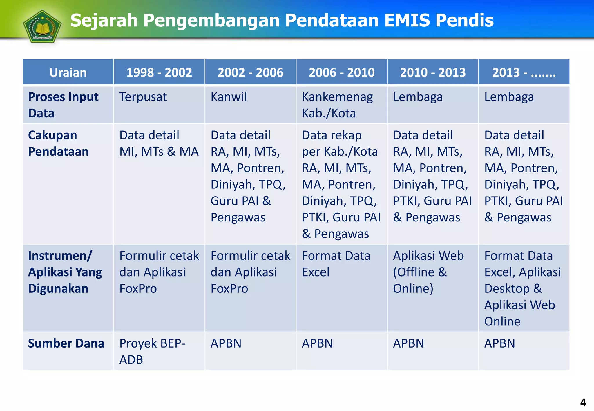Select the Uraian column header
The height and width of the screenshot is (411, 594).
68,72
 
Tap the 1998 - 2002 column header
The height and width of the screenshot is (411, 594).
159,72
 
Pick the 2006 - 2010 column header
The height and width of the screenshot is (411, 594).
341,72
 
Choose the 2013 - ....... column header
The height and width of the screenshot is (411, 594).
524,72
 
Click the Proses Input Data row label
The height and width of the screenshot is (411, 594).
63,105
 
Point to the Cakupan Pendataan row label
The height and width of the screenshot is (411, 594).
58,143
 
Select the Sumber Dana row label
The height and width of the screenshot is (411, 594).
66,343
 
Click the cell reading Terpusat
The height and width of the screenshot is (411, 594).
143,97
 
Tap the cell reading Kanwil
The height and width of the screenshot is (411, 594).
229,97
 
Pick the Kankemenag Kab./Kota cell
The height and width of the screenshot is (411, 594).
337,105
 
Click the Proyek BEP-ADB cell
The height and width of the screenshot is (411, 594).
152,351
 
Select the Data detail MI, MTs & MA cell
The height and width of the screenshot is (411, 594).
159,143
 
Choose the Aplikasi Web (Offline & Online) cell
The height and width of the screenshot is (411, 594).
428,272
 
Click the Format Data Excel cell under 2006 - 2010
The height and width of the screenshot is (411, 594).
336,264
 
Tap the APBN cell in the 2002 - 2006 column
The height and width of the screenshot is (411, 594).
226,343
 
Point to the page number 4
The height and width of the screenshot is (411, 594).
583,402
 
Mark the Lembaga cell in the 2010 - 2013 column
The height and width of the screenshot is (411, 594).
418,97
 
